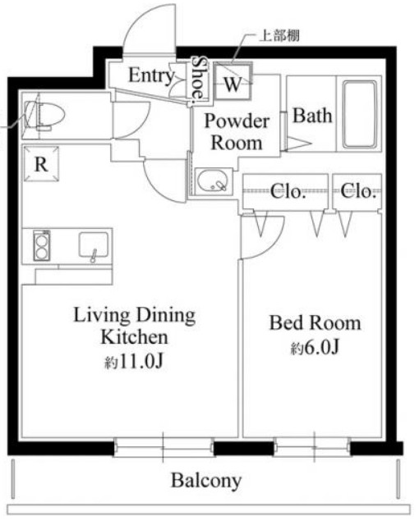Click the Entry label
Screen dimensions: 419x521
(151, 75)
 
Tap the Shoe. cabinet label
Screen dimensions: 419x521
(199, 78)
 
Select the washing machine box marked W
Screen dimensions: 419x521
(233, 81)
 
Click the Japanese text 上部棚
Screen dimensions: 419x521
(279, 35)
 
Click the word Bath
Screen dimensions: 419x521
(312, 116)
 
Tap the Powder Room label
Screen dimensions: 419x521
(237, 132)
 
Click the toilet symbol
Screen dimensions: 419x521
(44, 116)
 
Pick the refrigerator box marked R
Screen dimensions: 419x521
(41, 164)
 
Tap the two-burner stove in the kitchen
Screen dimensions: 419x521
(42, 245)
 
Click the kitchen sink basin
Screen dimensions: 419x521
(94, 245)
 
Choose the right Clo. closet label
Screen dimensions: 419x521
(357, 191)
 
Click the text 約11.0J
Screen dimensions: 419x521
(134, 362)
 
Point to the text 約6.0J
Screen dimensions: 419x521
(315, 348)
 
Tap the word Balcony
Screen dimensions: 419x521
(206, 481)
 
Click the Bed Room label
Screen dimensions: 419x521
(315, 323)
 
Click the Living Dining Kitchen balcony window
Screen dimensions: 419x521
(163, 447)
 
